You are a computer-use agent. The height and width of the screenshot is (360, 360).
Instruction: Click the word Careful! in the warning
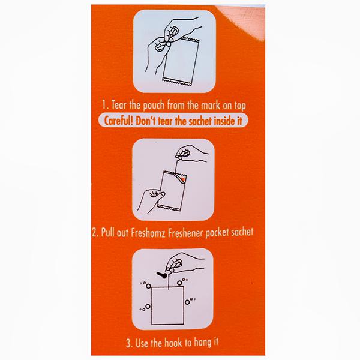pyautogui.click(x=118, y=121)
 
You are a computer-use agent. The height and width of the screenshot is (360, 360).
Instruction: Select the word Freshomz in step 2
pyautogui.click(x=148, y=233)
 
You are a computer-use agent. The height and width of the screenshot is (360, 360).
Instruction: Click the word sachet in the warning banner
pyautogui.click(x=200, y=121)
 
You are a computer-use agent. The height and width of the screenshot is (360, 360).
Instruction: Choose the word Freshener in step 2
pyautogui.click(x=186, y=233)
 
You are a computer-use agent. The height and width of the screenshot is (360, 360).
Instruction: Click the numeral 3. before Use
pyautogui.click(x=129, y=344)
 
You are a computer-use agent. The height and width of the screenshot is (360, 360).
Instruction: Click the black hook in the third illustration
pyautogui.click(x=162, y=275)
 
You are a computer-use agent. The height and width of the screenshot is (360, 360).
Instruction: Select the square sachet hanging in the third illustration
pyautogui.click(x=167, y=305)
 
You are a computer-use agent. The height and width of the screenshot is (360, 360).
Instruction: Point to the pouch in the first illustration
pyautogui.click(x=181, y=61)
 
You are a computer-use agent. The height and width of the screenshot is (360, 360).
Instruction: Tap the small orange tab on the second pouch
pyautogui.click(x=183, y=179)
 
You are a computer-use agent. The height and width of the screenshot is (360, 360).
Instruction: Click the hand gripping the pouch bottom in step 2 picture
pyautogui.click(x=150, y=200)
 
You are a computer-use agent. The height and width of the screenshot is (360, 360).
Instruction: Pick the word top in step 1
pyautogui.click(x=240, y=106)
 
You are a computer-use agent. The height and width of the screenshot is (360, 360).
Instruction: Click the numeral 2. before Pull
pyautogui.click(x=95, y=233)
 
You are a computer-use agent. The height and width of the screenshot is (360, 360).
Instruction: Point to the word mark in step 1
pyautogui.click(x=211, y=106)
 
